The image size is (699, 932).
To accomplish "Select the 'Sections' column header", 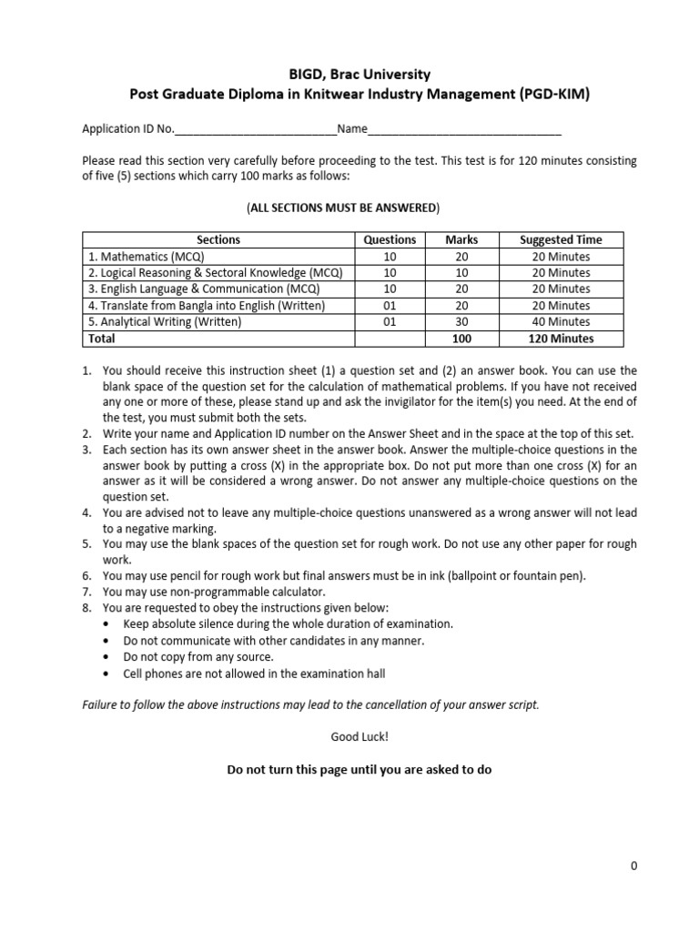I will click(x=218, y=239).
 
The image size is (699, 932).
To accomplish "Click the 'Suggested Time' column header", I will click(x=561, y=239).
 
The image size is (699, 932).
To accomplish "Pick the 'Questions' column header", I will click(x=390, y=239).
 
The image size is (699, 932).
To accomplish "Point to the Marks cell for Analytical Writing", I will click(x=461, y=322).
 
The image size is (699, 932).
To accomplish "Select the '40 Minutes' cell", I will click(x=561, y=322).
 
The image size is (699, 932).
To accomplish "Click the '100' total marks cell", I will click(x=461, y=339).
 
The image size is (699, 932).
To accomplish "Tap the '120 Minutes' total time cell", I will click(x=561, y=339).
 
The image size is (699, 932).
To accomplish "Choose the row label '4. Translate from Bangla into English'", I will click(x=206, y=306).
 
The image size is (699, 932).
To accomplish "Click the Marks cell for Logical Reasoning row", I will click(x=461, y=273).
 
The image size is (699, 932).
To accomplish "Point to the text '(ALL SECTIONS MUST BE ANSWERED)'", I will click(x=343, y=208).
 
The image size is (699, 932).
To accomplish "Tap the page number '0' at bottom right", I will click(x=633, y=866).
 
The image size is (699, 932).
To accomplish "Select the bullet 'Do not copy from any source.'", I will click(x=198, y=657).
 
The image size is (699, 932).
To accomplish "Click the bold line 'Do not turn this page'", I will click(x=359, y=770).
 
